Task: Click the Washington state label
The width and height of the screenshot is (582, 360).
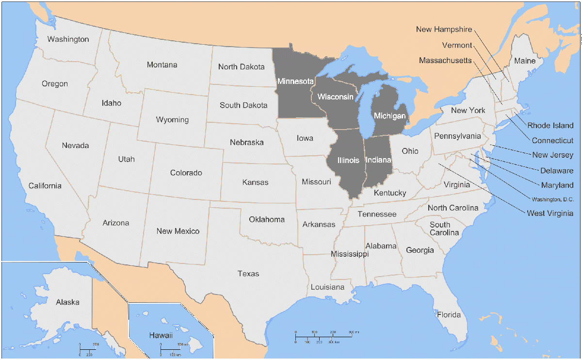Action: (68, 39)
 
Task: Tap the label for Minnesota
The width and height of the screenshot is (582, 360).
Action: (295, 81)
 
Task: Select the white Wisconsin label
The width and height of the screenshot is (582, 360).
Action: (335, 97)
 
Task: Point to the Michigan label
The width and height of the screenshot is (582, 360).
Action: (389, 116)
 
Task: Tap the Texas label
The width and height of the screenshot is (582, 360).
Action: (248, 274)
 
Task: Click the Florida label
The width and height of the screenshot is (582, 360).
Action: (449, 315)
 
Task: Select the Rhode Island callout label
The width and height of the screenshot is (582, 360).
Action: (550, 126)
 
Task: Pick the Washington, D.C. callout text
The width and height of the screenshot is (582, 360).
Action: (552, 199)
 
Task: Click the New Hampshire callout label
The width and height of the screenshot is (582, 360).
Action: (444, 30)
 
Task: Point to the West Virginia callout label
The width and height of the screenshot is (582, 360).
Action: (550, 213)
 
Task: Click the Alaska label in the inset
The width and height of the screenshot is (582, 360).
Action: (67, 302)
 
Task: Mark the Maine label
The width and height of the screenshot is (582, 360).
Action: (525, 61)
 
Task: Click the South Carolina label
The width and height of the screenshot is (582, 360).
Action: (440, 229)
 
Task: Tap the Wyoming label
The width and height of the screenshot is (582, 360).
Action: (172, 120)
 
